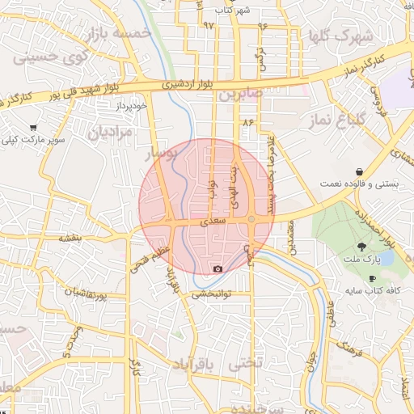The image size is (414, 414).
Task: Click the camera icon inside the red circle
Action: [x=217, y=268]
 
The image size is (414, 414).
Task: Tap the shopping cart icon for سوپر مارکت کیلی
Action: [x=33, y=127]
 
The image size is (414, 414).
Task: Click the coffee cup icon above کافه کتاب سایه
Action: [x=372, y=277]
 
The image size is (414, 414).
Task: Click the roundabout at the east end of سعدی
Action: [x=251, y=219]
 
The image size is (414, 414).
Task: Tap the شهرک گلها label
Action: [x=340, y=36]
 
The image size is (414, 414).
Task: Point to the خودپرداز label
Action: [x=129, y=105]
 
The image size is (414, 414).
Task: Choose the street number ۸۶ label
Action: [x=247, y=121]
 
